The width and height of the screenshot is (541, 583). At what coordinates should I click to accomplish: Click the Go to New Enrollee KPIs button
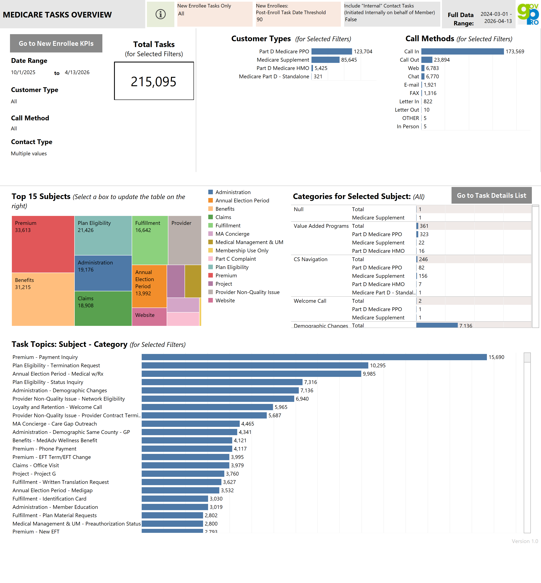click(56, 43)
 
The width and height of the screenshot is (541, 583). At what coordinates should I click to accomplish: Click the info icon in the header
click(160, 14)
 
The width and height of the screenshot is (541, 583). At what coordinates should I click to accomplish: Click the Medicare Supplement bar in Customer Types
click(325, 60)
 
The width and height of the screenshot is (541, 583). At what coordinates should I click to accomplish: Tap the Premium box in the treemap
click(43, 244)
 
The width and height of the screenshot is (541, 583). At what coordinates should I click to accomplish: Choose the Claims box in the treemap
click(103, 308)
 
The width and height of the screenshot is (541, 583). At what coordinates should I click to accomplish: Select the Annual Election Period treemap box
click(149, 286)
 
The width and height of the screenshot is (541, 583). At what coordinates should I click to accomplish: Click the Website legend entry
click(225, 301)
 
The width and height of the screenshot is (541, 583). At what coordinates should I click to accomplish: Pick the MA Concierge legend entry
click(232, 234)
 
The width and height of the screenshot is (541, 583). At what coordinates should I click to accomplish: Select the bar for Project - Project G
click(183, 474)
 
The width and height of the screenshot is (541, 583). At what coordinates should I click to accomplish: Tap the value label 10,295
click(378, 366)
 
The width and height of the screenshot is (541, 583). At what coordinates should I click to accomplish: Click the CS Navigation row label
click(310, 259)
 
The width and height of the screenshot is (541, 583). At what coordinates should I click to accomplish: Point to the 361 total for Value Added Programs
click(424, 226)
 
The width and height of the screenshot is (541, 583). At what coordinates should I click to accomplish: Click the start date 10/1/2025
click(23, 72)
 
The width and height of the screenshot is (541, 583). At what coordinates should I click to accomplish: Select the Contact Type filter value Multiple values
click(29, 153)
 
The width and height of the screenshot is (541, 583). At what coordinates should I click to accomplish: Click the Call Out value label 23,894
click(442, 60)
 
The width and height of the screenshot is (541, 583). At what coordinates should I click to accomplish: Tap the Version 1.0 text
click(524, 541)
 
